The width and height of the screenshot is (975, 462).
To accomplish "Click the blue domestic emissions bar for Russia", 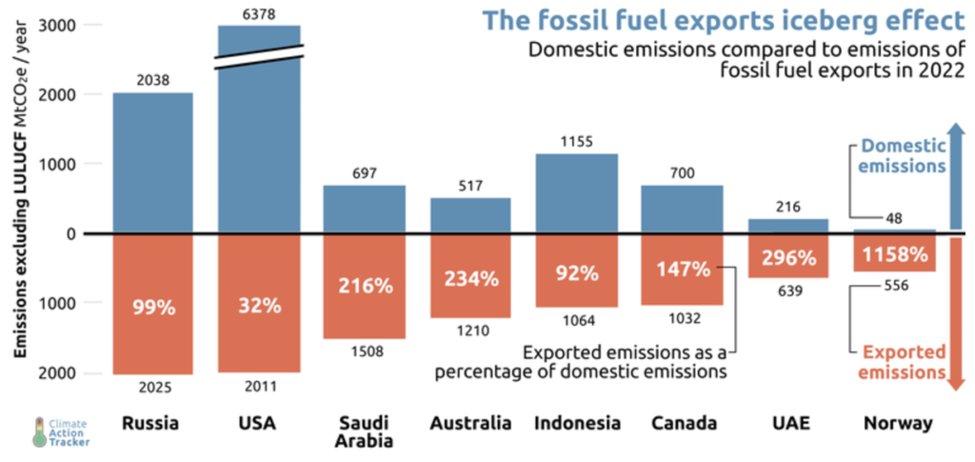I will point(152,162).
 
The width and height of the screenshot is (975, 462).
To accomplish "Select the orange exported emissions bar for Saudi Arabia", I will point(364,286).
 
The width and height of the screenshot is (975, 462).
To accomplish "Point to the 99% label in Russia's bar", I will point(152,306).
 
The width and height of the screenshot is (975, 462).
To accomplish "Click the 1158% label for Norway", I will point(895,255).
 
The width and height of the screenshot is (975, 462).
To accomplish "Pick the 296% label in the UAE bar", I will point(788,257).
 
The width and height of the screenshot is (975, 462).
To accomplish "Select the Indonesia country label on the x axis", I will point(577,423).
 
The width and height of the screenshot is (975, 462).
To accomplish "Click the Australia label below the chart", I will point(469,423).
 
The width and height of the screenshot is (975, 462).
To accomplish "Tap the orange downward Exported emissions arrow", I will point(958,314).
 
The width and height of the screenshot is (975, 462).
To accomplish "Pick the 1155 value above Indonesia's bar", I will point(577,142).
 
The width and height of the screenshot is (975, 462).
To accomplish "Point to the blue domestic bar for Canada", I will point(682,209).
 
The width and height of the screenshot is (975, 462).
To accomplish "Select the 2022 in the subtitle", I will point(944,70).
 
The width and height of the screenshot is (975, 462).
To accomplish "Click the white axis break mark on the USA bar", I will point(258,56).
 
